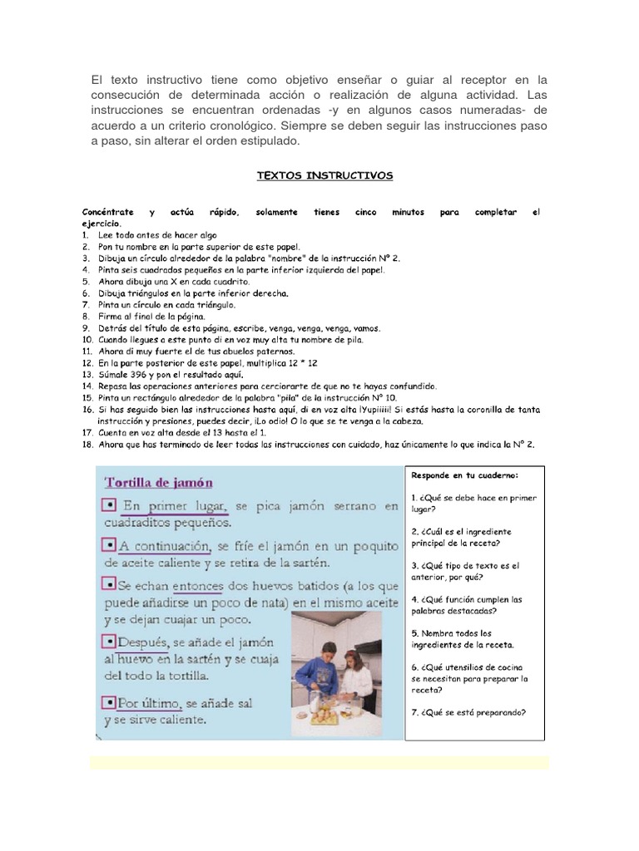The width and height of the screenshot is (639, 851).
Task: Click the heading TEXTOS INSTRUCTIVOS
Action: [x=324, y=176]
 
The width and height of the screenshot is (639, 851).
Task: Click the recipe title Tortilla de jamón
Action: [x=158, y=482]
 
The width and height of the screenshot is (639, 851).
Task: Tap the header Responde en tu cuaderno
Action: [x=464, y=475]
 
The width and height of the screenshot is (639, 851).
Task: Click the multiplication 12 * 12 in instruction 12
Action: [x=305, y=364]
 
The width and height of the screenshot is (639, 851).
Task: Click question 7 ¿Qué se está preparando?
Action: [x=469, y=711]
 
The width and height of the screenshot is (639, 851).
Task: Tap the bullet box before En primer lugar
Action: [x=108, y=506]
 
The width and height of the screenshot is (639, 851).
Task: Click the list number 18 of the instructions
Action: [x=87, y=445]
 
